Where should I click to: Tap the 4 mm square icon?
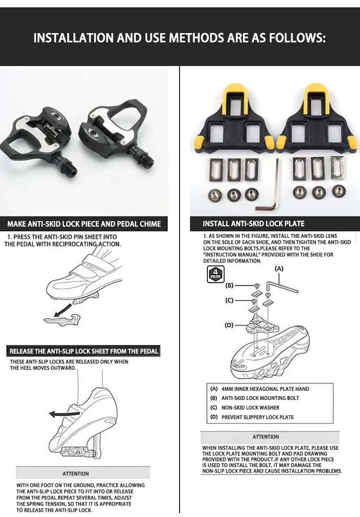tap(214, 274)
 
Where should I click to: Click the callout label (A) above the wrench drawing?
tap(279, 269)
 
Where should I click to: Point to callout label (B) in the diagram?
tap(229, 285)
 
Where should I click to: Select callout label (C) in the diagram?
tap(229, 301)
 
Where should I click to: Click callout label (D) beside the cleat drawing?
tap(229, 325)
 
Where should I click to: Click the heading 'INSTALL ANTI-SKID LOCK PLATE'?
tap(253, 223)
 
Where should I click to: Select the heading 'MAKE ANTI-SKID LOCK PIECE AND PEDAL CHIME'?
tap(84, 223)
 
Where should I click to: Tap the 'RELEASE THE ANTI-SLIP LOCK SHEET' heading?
tap(84, 351)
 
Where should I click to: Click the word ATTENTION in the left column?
tap(76, 473)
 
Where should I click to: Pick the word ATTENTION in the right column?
tap(265, 437)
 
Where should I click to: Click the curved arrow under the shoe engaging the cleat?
tap(63, 312)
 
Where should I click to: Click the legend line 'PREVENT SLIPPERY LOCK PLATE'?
tap(257, 417)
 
